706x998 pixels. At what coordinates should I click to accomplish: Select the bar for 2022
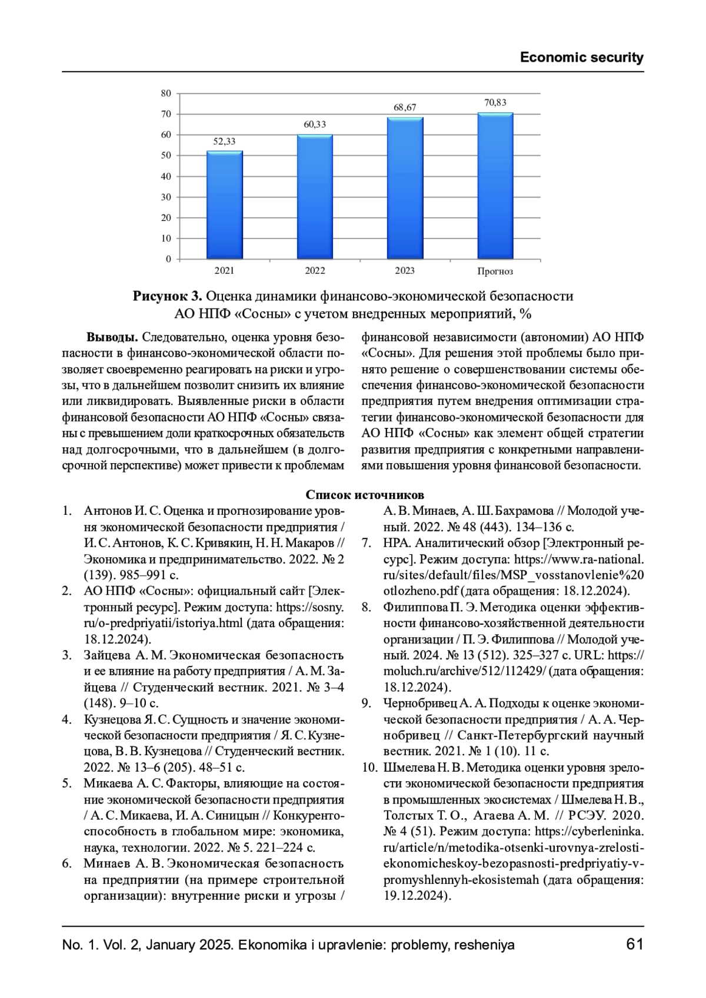[x=315, y=196]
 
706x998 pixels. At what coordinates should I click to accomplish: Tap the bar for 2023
[x=405, y=188]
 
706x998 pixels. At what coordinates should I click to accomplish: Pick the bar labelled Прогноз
[x=495, y=186]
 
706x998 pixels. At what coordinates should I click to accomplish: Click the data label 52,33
[x=224, y=141]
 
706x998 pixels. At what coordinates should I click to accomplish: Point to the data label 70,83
[x=495, y=102]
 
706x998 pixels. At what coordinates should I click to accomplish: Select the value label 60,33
[x=315, y=125]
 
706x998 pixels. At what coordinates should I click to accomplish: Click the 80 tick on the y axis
[x=166, y=93]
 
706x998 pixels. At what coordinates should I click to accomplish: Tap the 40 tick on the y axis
[x=166, y=176]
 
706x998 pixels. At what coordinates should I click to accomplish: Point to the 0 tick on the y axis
[x=168, y=259]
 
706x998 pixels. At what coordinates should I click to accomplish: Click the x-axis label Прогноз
[x=495, y=272]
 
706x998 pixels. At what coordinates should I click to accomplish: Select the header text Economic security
[x=581, y=58]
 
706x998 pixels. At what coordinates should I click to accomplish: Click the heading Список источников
[x=365, y=495]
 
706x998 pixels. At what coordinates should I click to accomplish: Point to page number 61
[x=635, y=945]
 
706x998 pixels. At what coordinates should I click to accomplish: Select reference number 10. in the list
[x=369, y=768]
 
